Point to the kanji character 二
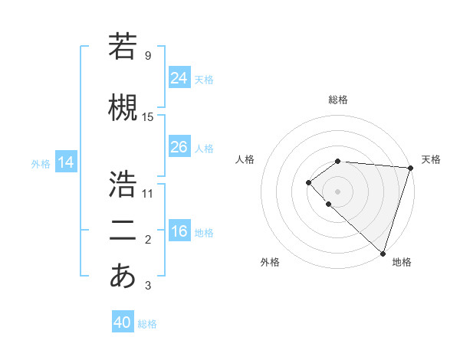click(123, 231)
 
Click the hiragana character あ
click(123, 277)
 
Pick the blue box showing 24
click(179, 78)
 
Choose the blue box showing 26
click(179, 147)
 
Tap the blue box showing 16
click(179, 231)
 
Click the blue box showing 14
click(66, 162)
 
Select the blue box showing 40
click(123, 322)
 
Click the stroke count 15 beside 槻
click(148, 117)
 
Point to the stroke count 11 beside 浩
click(148, 194)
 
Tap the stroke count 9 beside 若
click(148, 56)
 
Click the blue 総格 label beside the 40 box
click(147, 324)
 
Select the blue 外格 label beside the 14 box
click(41, 163)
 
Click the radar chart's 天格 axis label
click(431, 159)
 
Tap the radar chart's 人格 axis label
click(245, 159)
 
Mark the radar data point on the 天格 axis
click(410, 167)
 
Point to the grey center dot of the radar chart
click(337, 191)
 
